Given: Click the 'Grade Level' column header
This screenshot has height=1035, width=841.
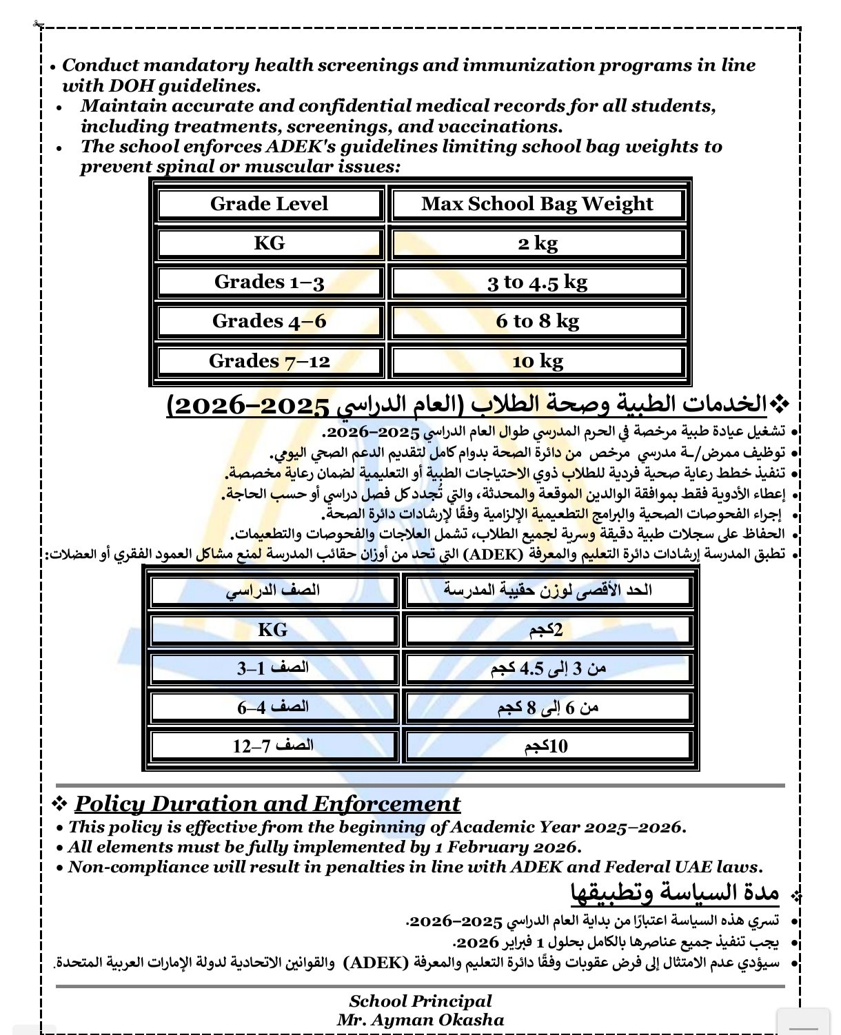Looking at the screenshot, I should point(269,204).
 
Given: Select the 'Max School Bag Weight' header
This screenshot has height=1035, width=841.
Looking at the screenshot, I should point(537,204).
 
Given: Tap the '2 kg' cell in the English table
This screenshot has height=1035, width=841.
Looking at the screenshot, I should point(537,243).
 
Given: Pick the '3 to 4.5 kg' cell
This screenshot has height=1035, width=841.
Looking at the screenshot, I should point(537,282).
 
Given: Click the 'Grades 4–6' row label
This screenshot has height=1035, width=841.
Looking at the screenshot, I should point(269,321).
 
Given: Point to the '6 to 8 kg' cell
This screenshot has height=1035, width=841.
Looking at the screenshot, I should point(537,321).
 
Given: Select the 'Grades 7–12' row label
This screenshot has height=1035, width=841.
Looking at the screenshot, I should point(269,361).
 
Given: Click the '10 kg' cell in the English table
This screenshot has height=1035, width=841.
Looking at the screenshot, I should point(537,361).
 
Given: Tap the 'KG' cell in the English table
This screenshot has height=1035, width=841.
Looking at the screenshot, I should point(269,243).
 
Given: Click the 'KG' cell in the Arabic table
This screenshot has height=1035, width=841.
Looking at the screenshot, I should point(272,630).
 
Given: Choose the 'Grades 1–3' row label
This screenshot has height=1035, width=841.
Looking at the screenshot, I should point(269,282).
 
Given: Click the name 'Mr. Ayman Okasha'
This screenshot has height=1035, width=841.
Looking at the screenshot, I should point(420,1020).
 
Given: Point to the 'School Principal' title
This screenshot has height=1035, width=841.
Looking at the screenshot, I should point(420,1001).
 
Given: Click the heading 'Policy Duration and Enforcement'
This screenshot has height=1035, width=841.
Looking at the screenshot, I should point(267,804).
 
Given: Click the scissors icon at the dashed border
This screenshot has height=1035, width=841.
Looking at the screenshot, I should point(37,24).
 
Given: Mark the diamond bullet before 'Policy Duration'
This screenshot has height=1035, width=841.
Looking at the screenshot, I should point(60,803).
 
